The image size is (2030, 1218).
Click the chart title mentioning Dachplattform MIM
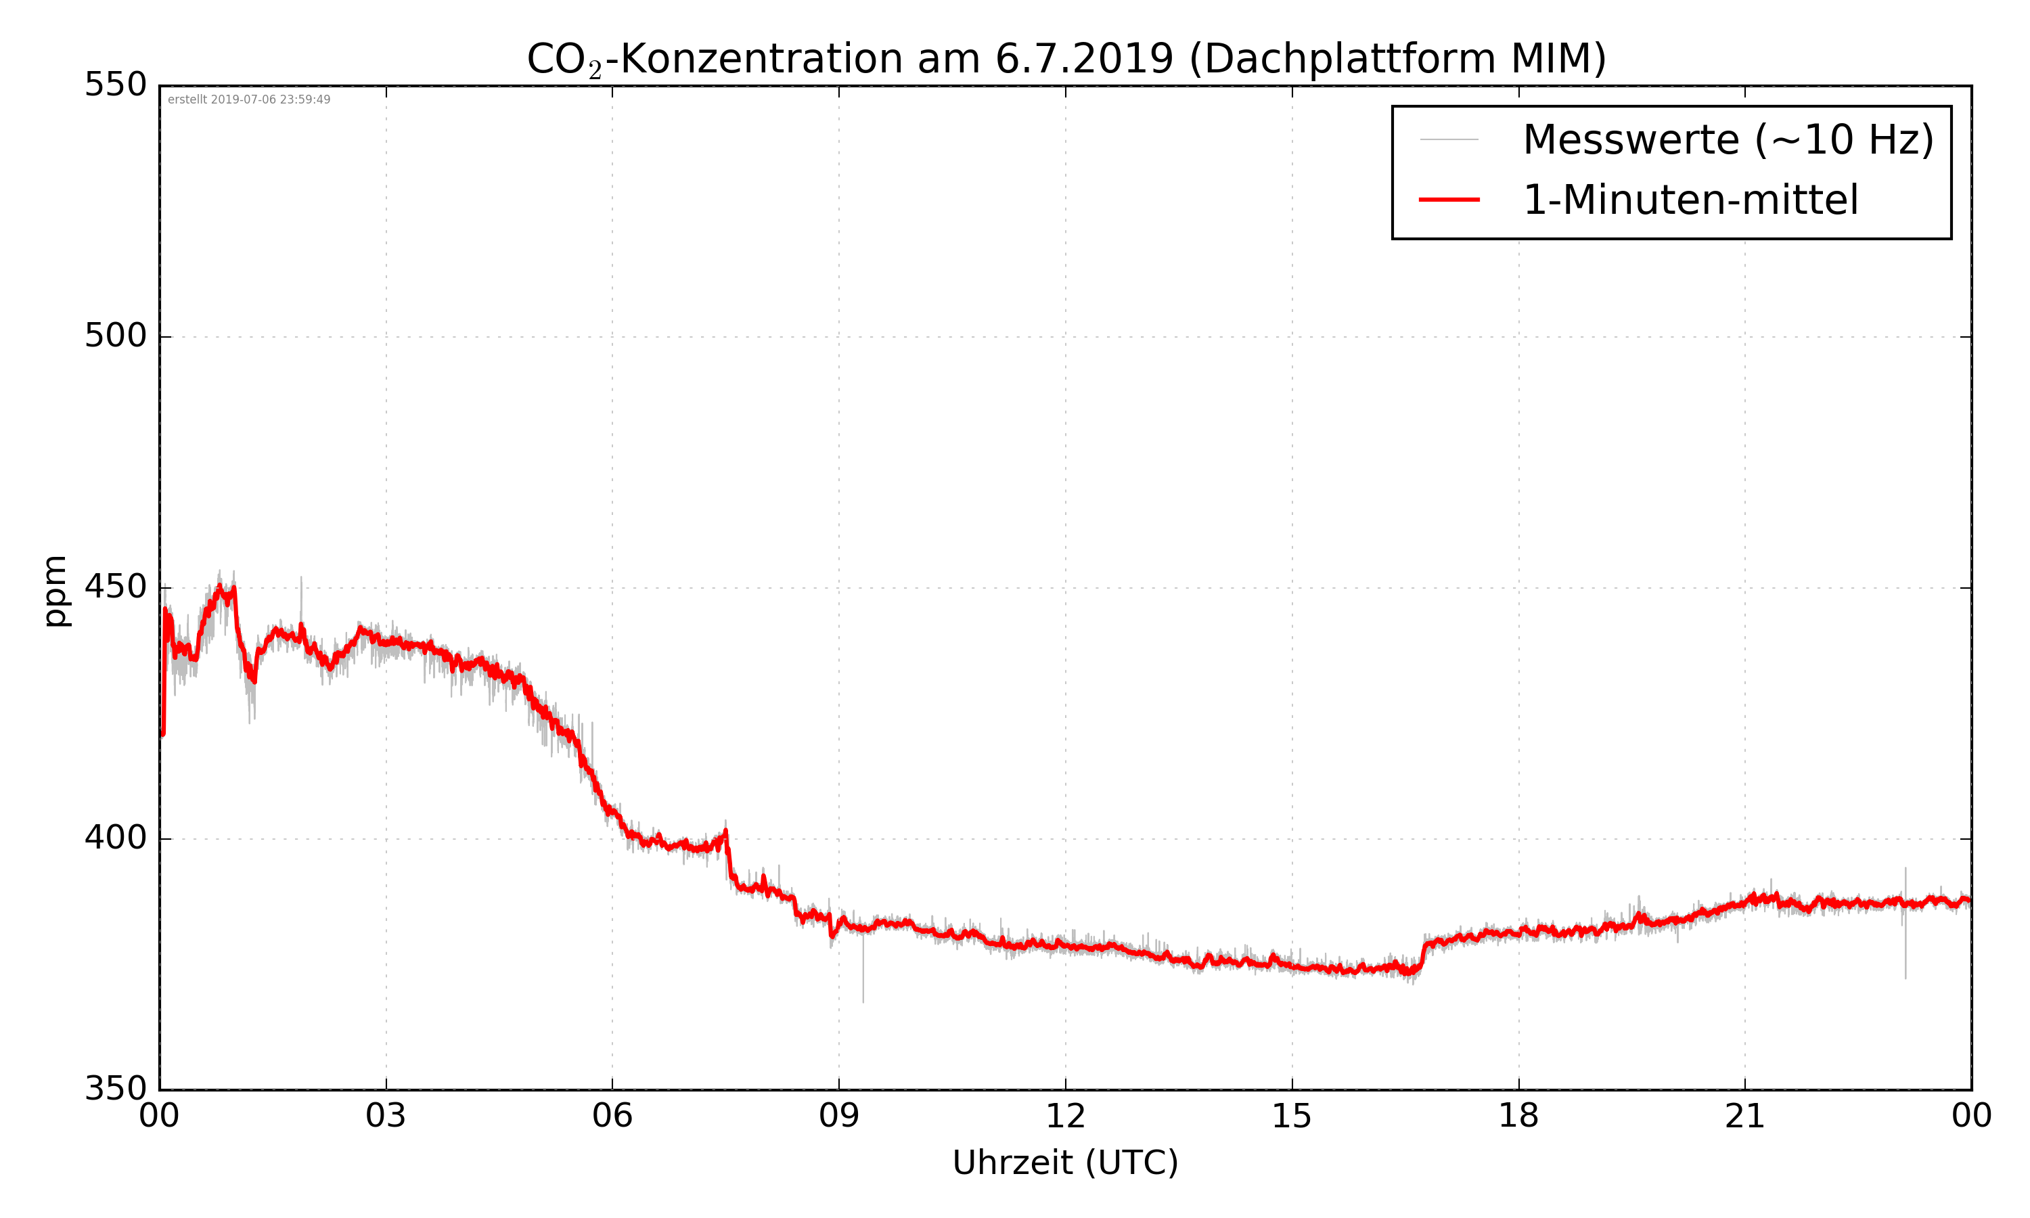coord(1066,59)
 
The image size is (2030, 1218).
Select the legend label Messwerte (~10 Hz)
coord(1728,139)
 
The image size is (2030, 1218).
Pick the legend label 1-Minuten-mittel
coord(1690,200)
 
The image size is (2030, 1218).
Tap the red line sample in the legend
coord(1449,200)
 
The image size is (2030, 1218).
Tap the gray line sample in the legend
coord(1449,139)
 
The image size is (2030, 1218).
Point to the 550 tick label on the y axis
coord(116,85)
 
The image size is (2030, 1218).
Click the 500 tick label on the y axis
coord(116,336)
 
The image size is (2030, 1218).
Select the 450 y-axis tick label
coord(116,587)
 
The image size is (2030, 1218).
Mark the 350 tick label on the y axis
coord(116,1089)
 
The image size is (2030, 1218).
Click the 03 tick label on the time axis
coord(386,1117)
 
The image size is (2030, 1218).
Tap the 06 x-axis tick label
coord(612,1117)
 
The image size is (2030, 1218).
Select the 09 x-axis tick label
coord(838,1117)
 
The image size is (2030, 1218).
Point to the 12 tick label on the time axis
coord(1065,1117)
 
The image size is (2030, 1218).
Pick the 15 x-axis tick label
coord(1292,1117)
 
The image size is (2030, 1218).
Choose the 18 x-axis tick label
coord(1518,1117)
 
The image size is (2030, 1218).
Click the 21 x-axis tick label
coord(1744,1117)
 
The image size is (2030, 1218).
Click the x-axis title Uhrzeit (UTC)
coord(1065,1164)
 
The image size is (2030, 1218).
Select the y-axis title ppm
coord(55,591)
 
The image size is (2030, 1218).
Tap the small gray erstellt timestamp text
coord(248,100)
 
